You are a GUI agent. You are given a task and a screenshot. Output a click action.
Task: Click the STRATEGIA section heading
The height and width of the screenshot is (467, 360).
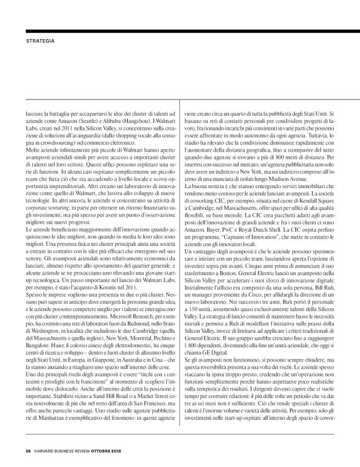point(40,42)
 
